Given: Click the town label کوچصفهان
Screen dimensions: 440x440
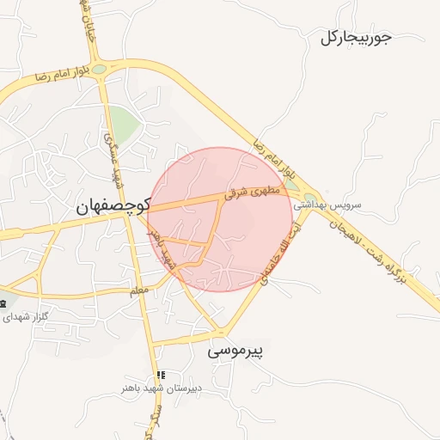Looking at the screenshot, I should pyautogui.click(x=113, y=206).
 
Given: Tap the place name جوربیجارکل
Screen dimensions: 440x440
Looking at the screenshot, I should pyautogui.click(x=356, y=38).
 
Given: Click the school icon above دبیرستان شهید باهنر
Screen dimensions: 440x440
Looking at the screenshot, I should pyautogui.click(x=160, y=376).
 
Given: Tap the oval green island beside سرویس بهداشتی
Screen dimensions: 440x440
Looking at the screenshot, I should pyautogui.click(x=309, y=200).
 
